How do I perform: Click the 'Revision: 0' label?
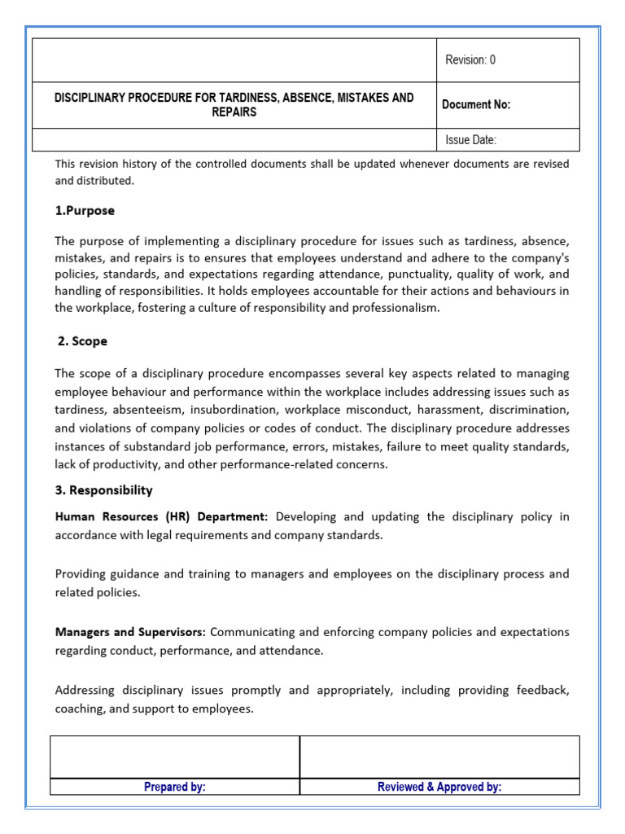[x=470, y=59]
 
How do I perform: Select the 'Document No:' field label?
[x=476, y=104]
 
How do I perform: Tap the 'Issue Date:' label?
[x=470, y=140]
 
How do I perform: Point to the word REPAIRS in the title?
[x=234, y=112]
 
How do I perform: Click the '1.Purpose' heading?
[x=85, y=210]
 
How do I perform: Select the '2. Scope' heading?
[x=82, y=341]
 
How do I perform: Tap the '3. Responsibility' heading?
[x=103, y=490]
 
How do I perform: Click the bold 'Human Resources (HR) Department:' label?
[x=161, y=516]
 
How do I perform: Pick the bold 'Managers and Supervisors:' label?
[x=130, y=632]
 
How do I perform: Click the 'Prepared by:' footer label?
[x=174, y=787]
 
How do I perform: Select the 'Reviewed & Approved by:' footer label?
[x=439, y=787]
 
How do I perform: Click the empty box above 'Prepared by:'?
[x=174, y=757]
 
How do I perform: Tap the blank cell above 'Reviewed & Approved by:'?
[x=439, y=757]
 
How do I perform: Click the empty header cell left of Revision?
[x=234, y=59]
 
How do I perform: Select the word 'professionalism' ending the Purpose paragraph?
[x=393, y=308]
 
